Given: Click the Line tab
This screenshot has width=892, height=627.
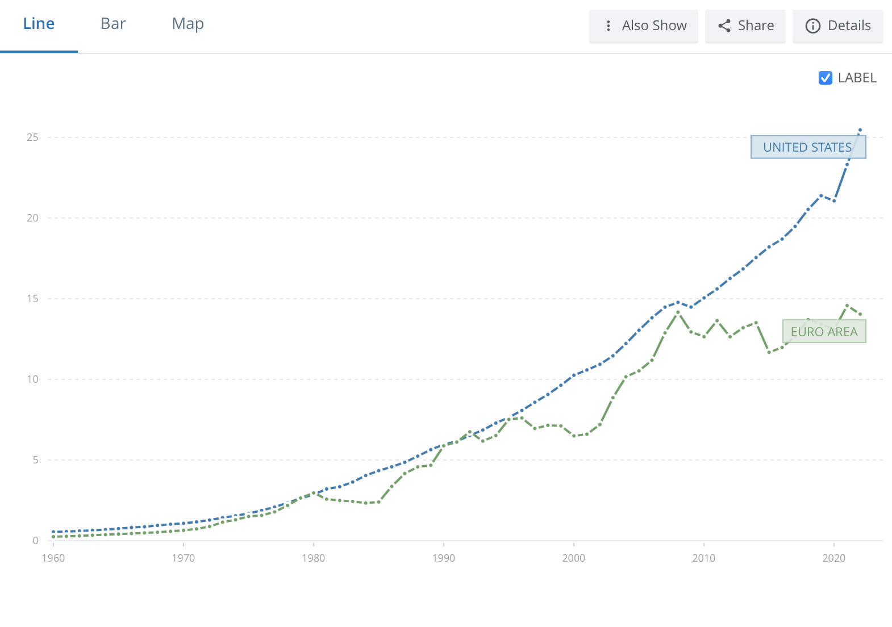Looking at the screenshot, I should (39, 24).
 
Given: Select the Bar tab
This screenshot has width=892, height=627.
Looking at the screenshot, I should (113, 24).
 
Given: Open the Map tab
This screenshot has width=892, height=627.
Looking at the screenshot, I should (187, 24).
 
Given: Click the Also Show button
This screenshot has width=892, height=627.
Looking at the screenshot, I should (644, 26).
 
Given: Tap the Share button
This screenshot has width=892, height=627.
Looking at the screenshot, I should (745, 26).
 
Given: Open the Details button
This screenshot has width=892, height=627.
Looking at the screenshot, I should (838, 26).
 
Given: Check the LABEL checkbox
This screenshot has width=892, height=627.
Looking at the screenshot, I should (826, 78).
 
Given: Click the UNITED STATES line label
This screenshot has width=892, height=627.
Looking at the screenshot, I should (808, 147).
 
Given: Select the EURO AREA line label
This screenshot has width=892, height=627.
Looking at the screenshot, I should (824, 332).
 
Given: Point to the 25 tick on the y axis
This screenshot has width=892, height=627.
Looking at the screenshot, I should (32, 137).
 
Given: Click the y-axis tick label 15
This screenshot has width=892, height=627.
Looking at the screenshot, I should (32, 299).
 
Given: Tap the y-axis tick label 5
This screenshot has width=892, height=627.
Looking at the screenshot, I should (35, 460).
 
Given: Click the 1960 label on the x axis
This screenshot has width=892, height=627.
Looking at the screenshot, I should (53, 558).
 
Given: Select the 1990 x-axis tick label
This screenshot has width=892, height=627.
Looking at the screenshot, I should (444, 558).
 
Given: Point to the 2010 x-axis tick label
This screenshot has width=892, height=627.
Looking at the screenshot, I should (704, 558).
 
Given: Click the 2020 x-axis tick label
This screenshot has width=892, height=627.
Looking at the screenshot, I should (834, 558).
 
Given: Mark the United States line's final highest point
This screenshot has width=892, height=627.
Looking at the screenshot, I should (860, 130).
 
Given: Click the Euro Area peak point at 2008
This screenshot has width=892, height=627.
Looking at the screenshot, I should (678, 312).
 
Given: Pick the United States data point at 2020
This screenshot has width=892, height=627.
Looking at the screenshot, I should (834, 201).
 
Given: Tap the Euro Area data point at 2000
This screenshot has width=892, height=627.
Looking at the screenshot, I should (574, 436).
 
